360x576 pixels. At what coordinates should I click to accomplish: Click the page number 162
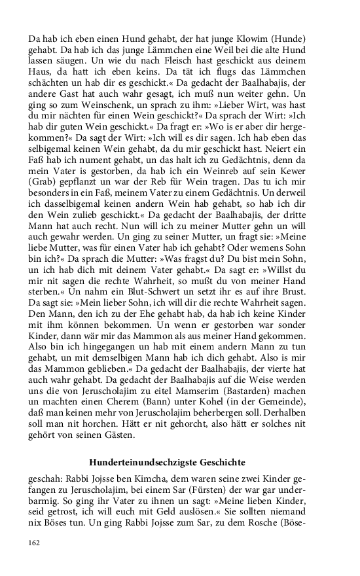[x=35, y=543]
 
